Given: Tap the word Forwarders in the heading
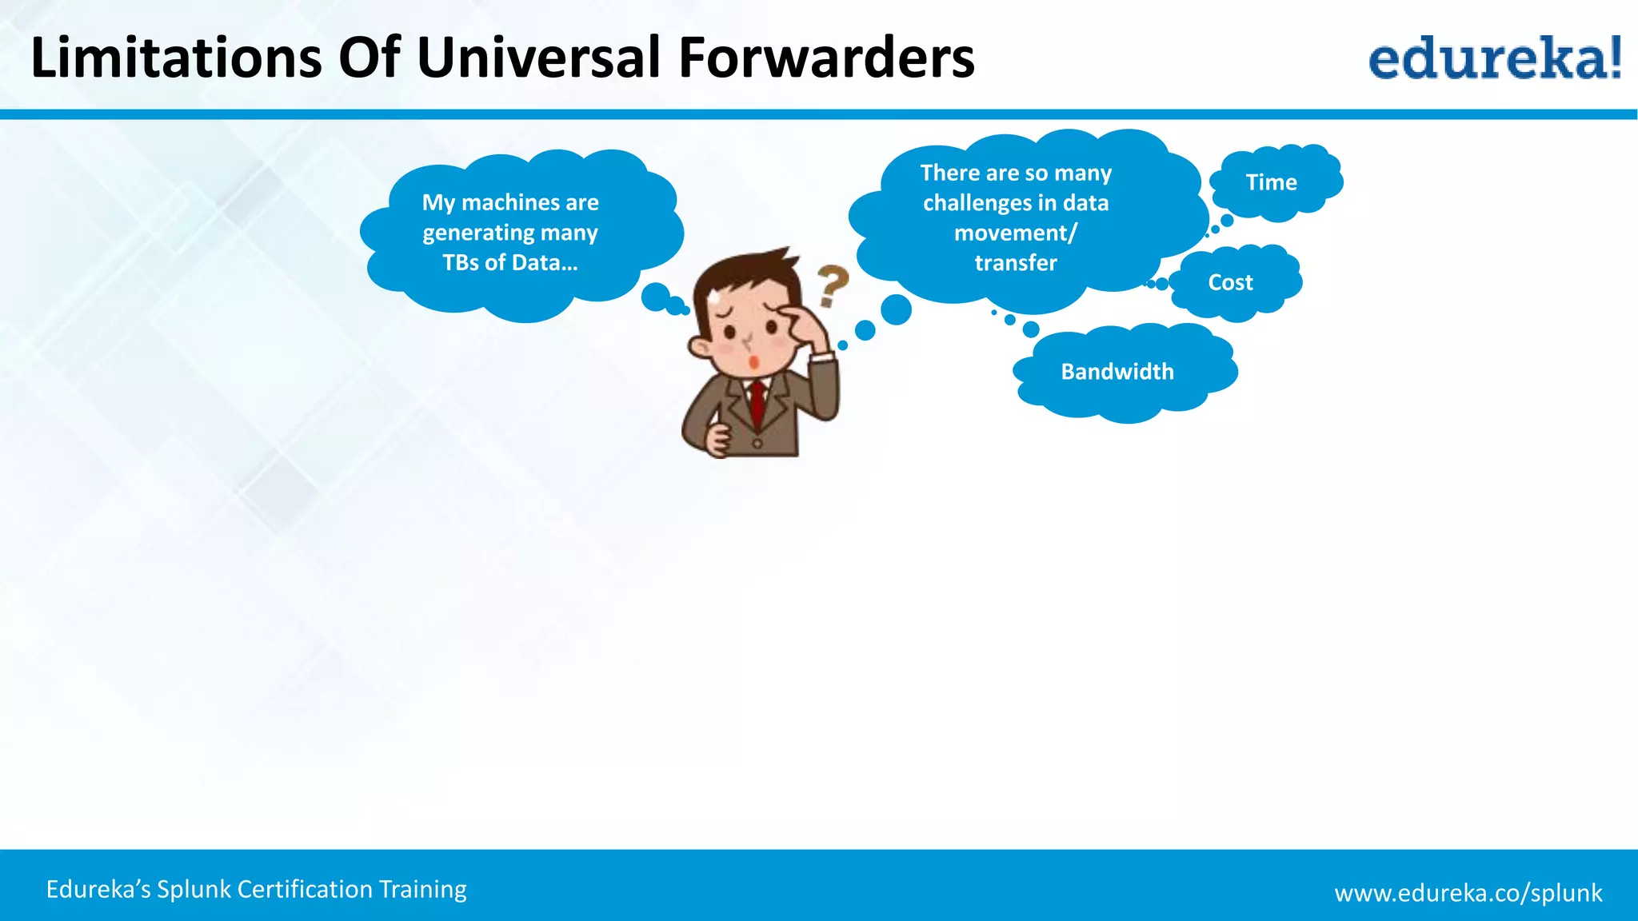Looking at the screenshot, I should pos(826,58).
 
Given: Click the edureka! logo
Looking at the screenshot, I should pos(1494,58).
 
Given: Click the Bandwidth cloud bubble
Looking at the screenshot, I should pos(1117,372).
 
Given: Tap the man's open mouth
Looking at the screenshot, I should pos(753,363).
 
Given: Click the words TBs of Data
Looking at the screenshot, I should pos(509,263).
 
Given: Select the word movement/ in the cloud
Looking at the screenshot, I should pos(1015,233).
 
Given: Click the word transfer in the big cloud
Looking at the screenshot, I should pos(1015,263).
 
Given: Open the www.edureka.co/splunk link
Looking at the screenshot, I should pos(1468,892).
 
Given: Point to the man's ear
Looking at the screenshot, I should pos(700,349).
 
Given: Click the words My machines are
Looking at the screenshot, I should pos(509,202).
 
